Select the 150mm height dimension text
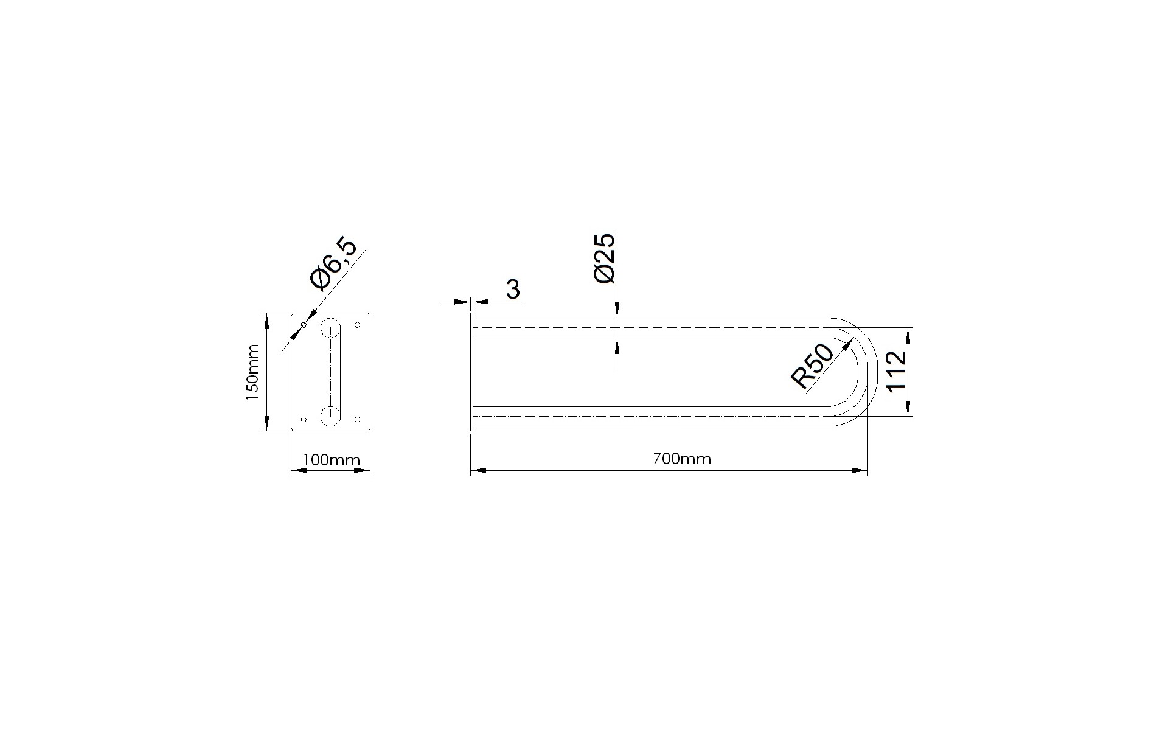pos(252,372)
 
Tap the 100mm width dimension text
pos(332,459)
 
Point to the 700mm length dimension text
pos(681,459)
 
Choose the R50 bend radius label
pos(812,366)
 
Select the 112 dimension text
pos(897,371)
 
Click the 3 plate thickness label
pos(513,290)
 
